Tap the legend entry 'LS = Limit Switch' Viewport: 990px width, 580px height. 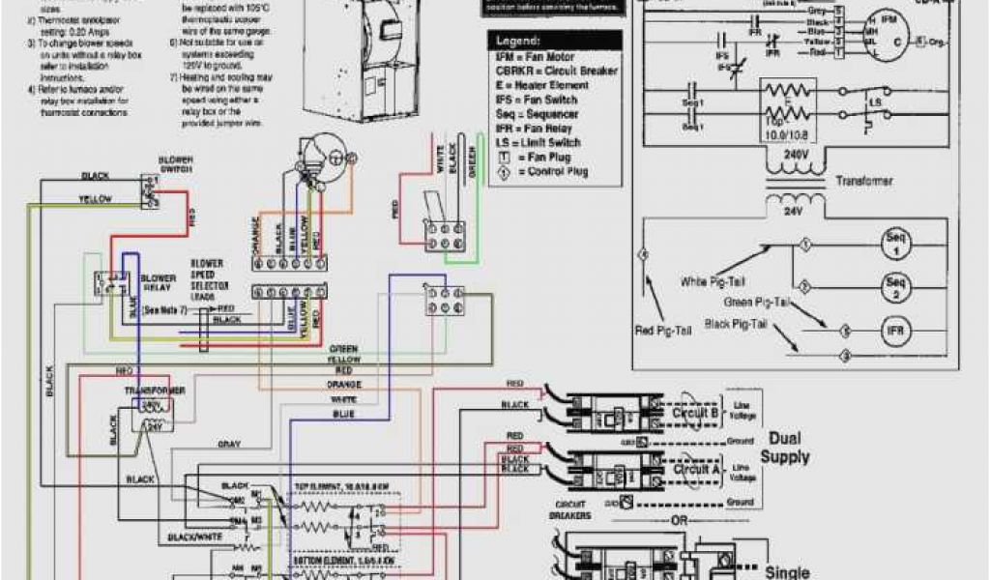pos(539,142)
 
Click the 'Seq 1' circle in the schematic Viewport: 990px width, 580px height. pos(894,243)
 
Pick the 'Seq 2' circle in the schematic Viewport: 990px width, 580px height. pos(894,287)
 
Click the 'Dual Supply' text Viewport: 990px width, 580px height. pos(784,448)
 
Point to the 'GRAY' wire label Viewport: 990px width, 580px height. pos(229,445)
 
